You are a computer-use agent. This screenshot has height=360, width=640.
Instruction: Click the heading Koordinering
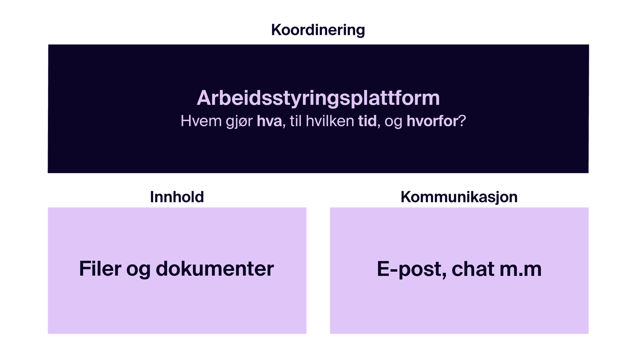[x=318, y=30]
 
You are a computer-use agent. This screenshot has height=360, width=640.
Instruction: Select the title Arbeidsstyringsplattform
[x=318, y=98]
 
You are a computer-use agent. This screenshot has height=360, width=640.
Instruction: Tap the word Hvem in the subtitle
[x=201, y=121]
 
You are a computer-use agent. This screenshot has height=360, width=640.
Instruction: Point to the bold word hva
[x=270, y=121]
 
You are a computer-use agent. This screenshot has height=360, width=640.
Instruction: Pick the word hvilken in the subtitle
[x=330, y=121]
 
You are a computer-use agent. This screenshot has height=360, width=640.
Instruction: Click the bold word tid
[x=368, y=121]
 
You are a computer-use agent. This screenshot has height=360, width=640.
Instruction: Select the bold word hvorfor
[x=432, y=121]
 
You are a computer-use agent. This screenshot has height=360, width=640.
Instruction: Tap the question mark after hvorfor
[x=462, y=121]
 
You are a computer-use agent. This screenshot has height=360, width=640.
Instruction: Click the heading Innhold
[x=177, y=197]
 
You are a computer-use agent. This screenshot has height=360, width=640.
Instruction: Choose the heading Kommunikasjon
[x=459, y=197]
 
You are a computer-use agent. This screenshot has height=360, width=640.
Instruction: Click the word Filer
[x=100, y=268]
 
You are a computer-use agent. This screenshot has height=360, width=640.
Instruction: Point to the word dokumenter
[x=215, y=268]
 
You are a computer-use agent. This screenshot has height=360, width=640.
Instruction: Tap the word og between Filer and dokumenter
[x=138, y=270]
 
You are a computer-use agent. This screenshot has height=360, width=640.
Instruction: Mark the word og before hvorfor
[x=394, y=123]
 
